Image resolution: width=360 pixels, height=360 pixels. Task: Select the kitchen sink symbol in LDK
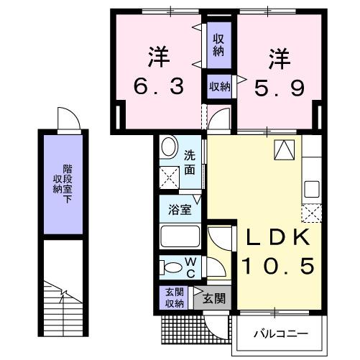(x=311, y=188)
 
